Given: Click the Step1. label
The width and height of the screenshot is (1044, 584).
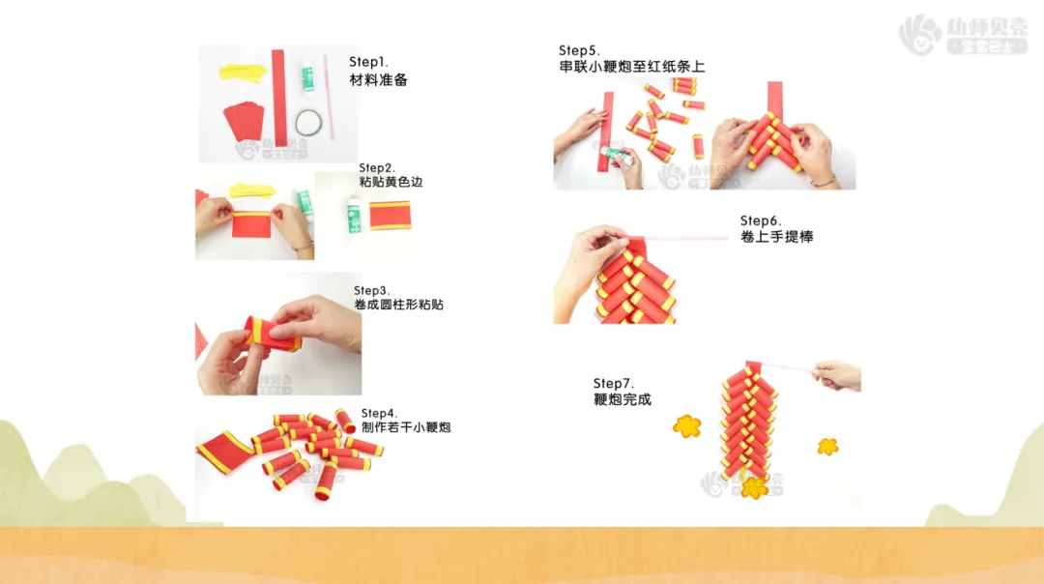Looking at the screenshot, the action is pos(368,62).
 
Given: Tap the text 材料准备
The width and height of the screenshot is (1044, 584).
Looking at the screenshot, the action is pos(378,80).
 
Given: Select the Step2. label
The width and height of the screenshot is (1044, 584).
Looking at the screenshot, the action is pos(377,168).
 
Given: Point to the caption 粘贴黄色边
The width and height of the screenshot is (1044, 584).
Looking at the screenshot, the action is pos(391,182).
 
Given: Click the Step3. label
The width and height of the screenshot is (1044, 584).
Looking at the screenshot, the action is pos(371,290).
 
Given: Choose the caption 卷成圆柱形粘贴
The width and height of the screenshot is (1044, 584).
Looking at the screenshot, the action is pos(398,305).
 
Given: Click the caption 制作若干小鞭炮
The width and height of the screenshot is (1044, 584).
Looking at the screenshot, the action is pos(406,426).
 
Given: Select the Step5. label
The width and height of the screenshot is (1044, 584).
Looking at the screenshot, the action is pos(579,50).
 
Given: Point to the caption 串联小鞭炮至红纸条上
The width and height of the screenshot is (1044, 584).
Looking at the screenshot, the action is pos(632,67).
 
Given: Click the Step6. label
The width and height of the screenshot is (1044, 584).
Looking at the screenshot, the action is pos(761,220).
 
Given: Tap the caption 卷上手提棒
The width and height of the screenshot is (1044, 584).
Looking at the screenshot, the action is pos(776,236).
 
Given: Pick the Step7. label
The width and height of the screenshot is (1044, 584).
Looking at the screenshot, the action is pos(613,384).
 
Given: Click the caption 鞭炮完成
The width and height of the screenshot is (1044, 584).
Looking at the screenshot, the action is pos(622,399).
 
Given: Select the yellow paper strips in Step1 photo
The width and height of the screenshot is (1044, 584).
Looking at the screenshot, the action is pos(243,72).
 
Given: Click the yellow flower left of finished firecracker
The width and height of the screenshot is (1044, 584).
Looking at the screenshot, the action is pos(687,425).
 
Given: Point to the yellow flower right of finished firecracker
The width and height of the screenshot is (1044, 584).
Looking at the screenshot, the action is pos(827,446).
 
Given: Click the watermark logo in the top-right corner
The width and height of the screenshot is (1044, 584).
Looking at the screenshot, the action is pos(962,34).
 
